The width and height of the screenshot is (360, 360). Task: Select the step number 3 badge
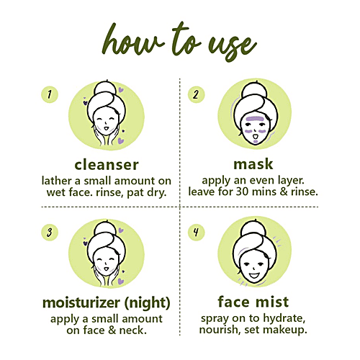(49, 233)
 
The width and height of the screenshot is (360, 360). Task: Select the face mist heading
(254, 301)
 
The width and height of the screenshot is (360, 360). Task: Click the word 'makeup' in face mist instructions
(286, 331)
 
